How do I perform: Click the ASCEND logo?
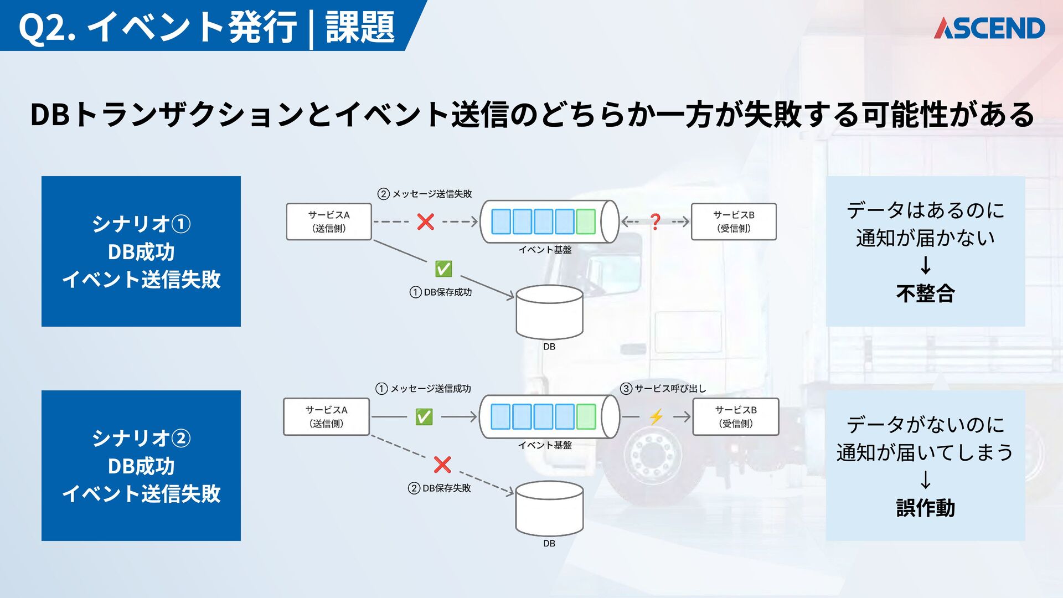[989, 28]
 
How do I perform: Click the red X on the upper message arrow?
[425, 221]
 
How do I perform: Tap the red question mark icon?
[656, 221]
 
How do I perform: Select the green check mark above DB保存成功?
[443, 269]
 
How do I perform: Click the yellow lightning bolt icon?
[656, 416]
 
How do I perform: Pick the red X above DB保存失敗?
[442, 465]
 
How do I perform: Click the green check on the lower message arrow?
[424, 416]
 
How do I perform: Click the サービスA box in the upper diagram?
[329, 221]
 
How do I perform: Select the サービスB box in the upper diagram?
[734, 221]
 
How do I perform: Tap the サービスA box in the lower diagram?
[326, 416]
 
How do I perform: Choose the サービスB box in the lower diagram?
[736, 416]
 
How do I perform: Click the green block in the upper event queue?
[586, 221]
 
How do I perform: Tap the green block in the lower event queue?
[586, 416]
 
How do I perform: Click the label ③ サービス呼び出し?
[663, 389]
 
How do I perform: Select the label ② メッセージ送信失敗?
[425, 194]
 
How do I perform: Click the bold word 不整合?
[925, 293]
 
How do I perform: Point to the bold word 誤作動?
[925, 508]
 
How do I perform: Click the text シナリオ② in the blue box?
[141, 439]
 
